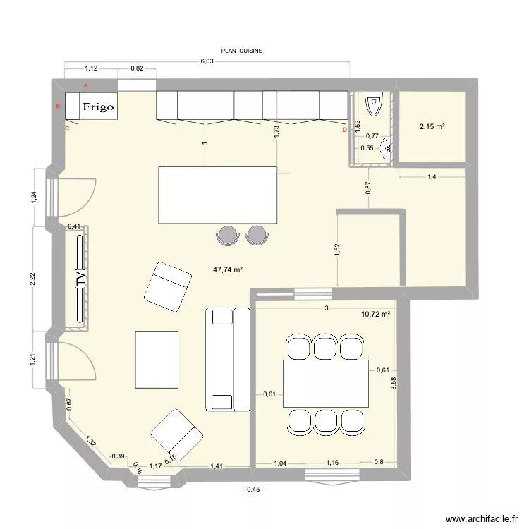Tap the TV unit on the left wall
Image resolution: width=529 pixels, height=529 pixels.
pyautogui.click(x=79, y=280)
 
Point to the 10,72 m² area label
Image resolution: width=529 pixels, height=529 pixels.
pyautogui.click(x=375, y=313)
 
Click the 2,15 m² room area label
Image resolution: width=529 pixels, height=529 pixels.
pyautogui.click(x=432, y=127)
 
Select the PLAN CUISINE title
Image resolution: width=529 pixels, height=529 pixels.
pyautogui.click(x=241, y=51)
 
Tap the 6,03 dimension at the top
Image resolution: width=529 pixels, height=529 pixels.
pyautogui.click(x=207, y=61)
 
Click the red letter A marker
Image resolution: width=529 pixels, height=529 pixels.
pyautogui.click(x=86, y=85)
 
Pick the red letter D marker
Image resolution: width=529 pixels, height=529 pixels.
pyautogui.click(x=344, y=130)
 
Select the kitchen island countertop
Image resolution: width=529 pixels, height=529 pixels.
pyautogui.click(x=217, y=195)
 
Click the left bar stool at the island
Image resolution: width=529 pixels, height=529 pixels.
pyautogui.click(x=228, y=234)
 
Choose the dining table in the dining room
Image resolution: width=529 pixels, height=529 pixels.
pyautogui.click(x=325, y=383)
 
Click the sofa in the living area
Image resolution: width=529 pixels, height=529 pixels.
pyautogui.click(x=227, y=359)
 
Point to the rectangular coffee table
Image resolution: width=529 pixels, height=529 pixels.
pyautogui.click(x=157, y=359)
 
